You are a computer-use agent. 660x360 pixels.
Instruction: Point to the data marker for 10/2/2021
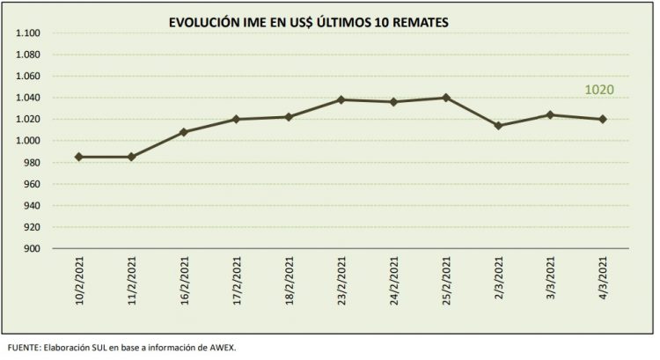pos(79,157)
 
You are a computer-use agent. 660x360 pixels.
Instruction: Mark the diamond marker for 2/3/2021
pos(498,126)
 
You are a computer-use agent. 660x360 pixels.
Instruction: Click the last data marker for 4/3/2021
pos(603,119)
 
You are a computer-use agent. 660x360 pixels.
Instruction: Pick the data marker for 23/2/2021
pos(341,99)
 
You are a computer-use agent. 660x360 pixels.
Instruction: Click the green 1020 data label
pos(599,90)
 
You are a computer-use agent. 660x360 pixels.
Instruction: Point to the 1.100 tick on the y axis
pos(29,33)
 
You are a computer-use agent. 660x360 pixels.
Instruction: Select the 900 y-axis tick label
pos(33,249)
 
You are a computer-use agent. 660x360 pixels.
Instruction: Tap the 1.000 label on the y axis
pos(29,141)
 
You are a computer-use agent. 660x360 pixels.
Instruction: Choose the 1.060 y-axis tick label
pos(29,77)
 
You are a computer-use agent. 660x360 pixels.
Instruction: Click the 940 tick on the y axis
pos(33,206)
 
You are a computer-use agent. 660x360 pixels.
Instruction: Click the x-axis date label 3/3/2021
pos(551,283)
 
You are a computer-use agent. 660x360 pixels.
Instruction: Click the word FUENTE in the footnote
pos(23,346)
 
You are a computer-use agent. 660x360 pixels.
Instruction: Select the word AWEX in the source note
pos(222,346)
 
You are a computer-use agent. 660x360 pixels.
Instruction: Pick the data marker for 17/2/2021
pos(236,119)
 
